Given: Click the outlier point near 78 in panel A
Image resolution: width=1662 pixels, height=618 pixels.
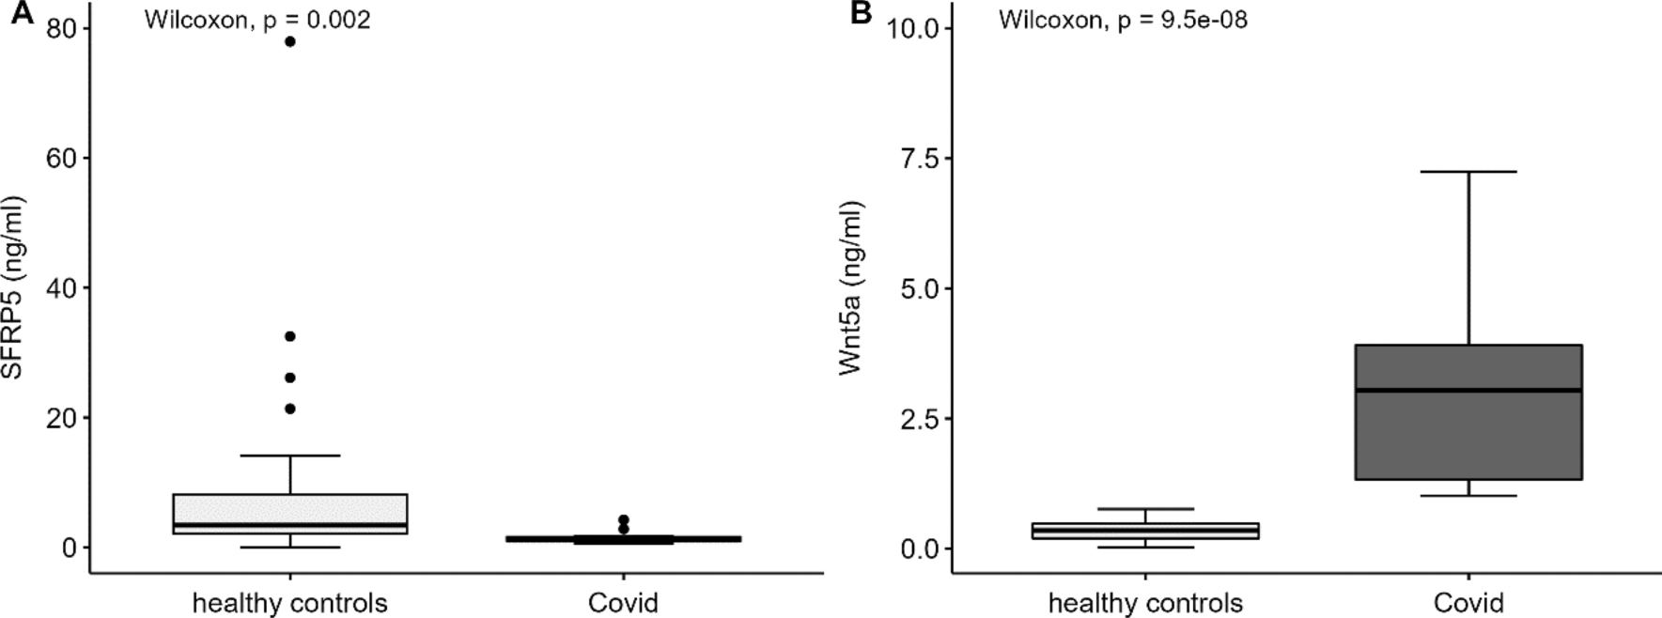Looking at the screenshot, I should coord(289,41).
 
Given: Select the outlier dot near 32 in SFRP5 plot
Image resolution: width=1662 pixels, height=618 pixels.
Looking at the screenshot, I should coord(289,336).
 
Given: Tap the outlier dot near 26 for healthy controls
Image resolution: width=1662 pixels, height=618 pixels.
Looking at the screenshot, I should coord(289,378).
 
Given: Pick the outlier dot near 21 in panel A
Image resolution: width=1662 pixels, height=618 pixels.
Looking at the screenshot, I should coord(289,409).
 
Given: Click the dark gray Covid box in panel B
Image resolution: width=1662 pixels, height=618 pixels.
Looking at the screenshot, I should coord(1468,441).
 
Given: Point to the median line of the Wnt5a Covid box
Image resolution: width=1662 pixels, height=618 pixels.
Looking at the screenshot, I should coord(1468,390).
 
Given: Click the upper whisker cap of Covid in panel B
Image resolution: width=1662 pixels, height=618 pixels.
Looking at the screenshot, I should coord(1468,172).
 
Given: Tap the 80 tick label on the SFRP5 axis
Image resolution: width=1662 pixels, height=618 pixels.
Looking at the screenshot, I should coord(63,29).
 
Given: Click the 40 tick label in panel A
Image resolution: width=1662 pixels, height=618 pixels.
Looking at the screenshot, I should coord(63,288).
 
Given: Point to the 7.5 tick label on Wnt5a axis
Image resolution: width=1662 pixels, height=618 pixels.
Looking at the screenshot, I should coord(920,159).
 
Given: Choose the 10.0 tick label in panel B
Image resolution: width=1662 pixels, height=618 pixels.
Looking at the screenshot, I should coord(913,29).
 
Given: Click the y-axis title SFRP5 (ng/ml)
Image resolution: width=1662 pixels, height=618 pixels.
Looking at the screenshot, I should coord(13,287).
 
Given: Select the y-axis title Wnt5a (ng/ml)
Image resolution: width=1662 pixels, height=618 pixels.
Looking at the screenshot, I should coord(851,287).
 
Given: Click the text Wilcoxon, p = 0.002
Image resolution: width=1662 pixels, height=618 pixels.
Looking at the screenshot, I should coord(256,20).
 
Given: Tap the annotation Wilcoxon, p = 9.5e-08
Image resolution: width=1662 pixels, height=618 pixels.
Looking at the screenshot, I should coord(1123,20).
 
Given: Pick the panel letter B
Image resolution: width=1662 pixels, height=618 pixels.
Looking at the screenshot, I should coord(861,14).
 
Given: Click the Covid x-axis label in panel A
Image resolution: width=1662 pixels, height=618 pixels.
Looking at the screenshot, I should coord(623,602).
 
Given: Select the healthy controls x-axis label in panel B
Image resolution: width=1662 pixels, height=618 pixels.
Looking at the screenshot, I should coord(1145,602).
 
